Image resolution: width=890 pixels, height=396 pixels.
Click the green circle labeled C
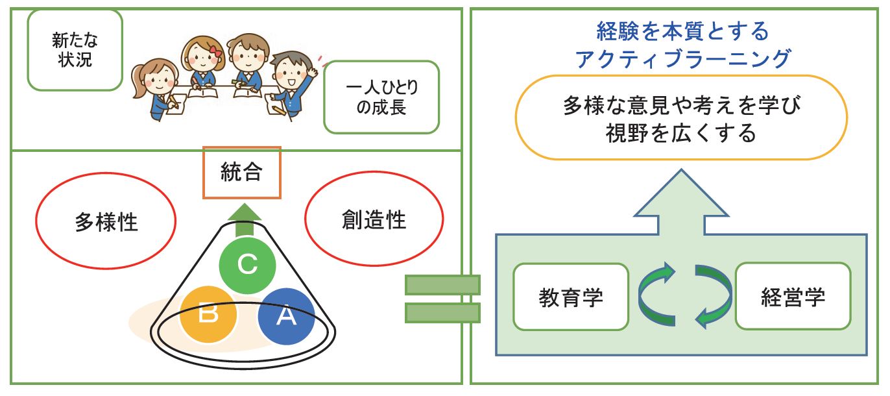[x=247, y=266]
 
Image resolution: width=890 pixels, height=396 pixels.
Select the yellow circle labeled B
[x=208, y=314]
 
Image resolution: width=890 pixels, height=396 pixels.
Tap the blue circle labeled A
[x=286, y=316]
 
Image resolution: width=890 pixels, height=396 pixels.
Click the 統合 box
[x=242, y=173]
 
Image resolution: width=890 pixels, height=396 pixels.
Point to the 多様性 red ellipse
[x=106, y=221]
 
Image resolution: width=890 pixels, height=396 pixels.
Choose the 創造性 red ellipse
[x=374, y=219]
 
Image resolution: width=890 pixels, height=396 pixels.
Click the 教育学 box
[x=571, y=297]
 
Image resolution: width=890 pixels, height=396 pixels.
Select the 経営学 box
[x=793, y=296]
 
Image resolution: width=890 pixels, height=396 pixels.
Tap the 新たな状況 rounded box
[x=75, y=50]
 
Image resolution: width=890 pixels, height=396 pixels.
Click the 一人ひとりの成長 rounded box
[x=381, y=97]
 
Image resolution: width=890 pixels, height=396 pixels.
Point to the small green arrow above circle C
[x=245, y=220]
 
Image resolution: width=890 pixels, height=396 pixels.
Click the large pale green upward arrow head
[x=681, y=193]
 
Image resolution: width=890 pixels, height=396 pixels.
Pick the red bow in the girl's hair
[x=216, y=51]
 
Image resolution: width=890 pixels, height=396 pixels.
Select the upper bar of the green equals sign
[x=442, y=285]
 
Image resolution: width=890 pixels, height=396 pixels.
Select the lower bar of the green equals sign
[x=442, y=313]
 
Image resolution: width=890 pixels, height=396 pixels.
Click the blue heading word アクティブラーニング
[x=683, y=58]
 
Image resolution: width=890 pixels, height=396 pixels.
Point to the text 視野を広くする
[x=680, y=133]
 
